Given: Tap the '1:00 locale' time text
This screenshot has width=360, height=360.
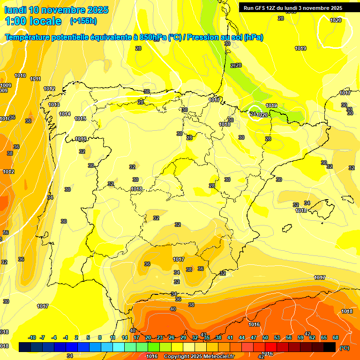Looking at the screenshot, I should click(x=33, y=21).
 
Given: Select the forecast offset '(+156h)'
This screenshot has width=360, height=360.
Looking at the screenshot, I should click(x=83, y=21).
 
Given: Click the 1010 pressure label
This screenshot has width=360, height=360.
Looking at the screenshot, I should click(x=20, y=75).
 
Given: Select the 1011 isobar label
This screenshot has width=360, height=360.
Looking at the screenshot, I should click(x=35, y=79).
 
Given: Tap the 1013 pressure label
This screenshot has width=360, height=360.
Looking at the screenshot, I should click(x=54, y=105).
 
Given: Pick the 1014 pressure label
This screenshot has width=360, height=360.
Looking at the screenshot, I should click(x=65, y=114).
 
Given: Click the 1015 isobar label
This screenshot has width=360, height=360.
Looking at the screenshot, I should click(x=80, y=119).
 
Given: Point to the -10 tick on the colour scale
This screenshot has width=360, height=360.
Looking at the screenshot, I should click(x=32, y=337).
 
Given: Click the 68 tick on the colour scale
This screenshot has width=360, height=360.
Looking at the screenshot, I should click(x=336, y=337).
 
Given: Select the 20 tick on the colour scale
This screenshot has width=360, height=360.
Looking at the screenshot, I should click(x=148, y=337).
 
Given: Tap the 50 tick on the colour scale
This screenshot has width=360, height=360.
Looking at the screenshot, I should click(x=265, y=337).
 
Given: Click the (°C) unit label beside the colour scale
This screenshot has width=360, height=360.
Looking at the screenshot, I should click(x=345, y=348).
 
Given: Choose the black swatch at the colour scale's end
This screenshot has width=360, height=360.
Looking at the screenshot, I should click(x=330, y=347).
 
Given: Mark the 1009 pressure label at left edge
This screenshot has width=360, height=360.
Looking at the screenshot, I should click(x=6, y=85).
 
